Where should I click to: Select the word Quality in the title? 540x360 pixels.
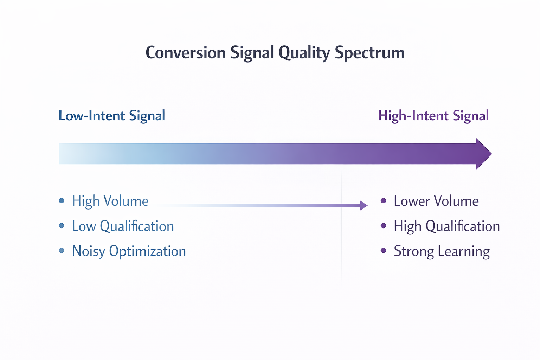pos(304,53)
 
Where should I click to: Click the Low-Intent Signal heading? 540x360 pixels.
pos(112,116)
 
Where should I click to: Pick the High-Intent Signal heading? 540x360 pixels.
pos(433,116)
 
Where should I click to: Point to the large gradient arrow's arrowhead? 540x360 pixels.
pos(483,154)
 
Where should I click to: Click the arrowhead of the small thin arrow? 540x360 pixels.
pos(364,205)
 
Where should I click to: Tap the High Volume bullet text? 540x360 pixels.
pos(110,201)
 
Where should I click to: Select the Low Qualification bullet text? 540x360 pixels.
pos(123,226)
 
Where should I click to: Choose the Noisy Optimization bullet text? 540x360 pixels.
pos(129,251)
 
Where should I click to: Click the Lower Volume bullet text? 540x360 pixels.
pos(436,201)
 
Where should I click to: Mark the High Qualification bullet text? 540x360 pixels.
pos(446,226)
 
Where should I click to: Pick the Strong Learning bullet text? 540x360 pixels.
pos(442,251)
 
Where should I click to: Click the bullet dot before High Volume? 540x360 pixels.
pos(62,201)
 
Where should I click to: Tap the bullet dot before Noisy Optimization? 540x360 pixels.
pos(62,250)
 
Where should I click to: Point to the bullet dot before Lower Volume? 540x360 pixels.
pos(384,201)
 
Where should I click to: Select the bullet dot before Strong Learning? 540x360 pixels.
pos(384,250)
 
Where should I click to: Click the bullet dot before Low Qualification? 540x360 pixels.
pos(62,226)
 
